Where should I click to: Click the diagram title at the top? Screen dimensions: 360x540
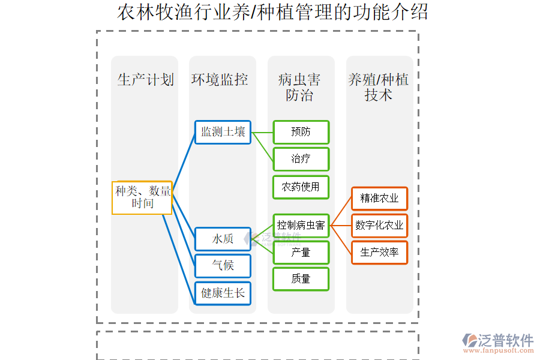(x=272, y=12)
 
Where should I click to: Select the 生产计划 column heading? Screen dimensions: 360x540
(x=145, y=80)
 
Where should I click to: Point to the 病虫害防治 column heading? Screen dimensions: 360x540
(x=299, y=87)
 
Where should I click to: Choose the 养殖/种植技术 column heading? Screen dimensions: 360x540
(x=379, y=87)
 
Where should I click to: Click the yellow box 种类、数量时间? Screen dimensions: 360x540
(x=142, y=197)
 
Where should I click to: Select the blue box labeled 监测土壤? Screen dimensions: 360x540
(x=223, y=132)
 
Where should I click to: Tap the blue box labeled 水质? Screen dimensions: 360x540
(x=223, y=238)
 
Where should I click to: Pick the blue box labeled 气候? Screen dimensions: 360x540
(x=223, y=265)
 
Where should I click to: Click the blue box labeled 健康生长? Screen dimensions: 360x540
(x=223, y=293)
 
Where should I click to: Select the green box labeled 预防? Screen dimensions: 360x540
(x=301, y=132)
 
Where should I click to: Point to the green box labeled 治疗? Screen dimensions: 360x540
(x=301, y=159)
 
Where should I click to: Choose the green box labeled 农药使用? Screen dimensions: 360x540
(x=301, y=187)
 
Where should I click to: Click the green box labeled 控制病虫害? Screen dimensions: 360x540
(x=301, y=225)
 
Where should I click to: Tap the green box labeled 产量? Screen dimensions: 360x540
(x=301, y=253)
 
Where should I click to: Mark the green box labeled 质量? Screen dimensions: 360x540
(x=301, y=279)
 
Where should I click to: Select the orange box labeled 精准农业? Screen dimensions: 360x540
(x=379, y=198)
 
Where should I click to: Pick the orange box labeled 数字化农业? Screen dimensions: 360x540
(x=379, y=226)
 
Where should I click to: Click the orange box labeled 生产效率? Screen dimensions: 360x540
(x=379, y=253)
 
